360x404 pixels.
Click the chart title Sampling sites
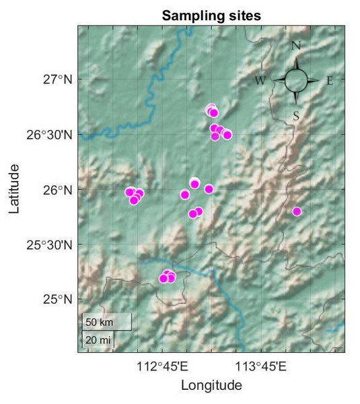tap(211, 15)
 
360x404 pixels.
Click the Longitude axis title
tap(211, 386)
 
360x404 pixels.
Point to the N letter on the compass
tap(295, 46)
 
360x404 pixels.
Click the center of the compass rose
tap(296, 81)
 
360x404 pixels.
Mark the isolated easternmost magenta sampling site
tap(297, 211)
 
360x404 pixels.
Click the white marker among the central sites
tap(194, 182)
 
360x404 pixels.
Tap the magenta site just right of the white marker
tap(209, 189)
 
